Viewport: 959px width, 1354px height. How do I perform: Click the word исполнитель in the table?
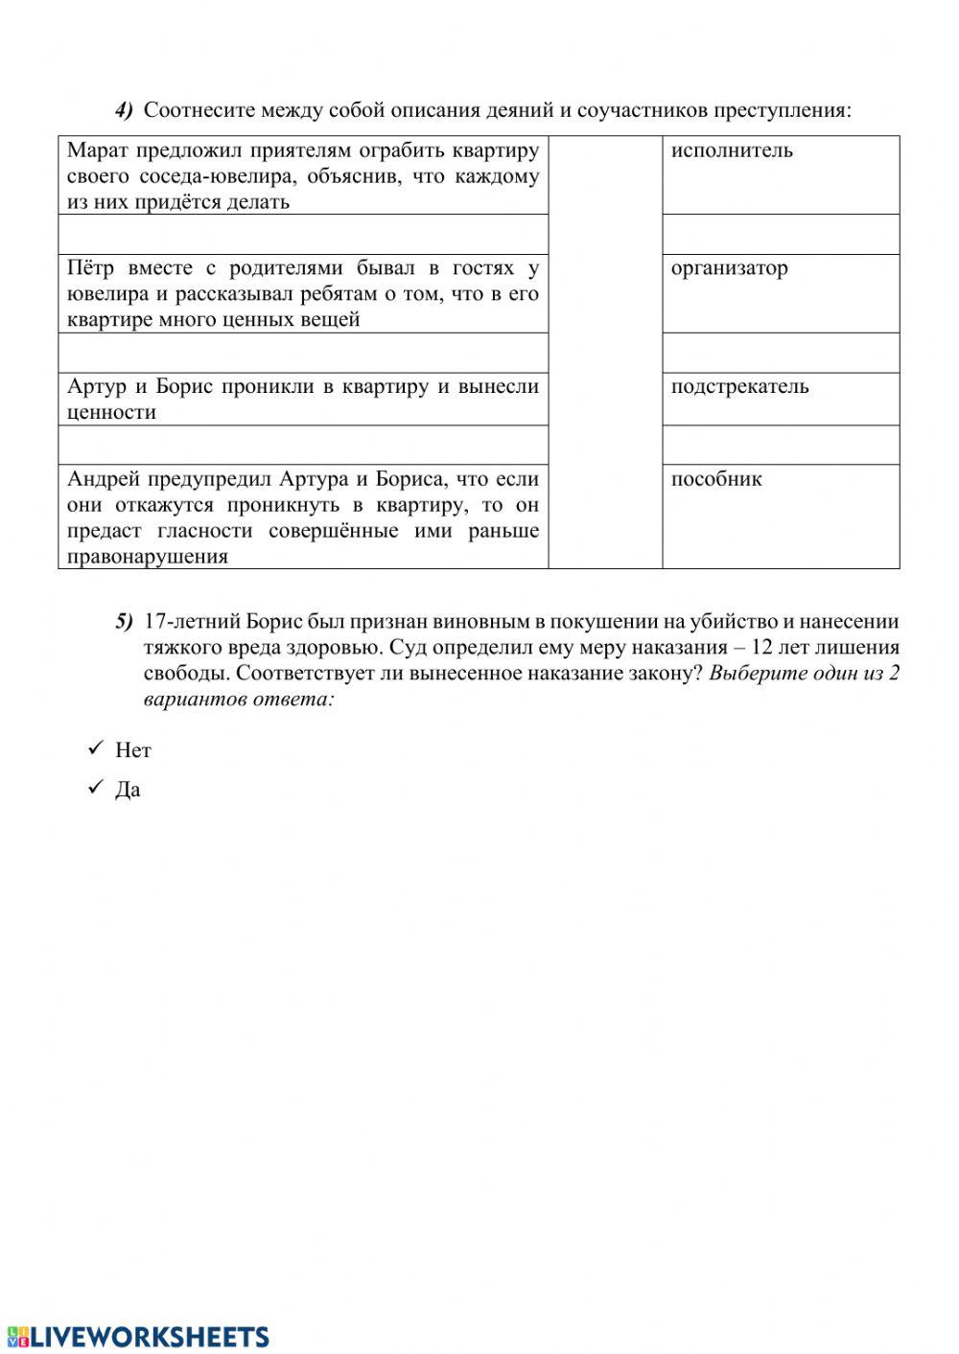pos(732,150)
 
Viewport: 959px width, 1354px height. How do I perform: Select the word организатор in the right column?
pos(729,268)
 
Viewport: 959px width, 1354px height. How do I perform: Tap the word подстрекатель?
pos(739,387)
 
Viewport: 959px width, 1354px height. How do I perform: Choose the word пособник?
pos(716,479)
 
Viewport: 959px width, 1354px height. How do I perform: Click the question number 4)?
pos(125,110)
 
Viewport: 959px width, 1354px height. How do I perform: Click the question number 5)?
pos(125,622)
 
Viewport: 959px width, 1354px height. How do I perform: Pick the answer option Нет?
pos(133,750)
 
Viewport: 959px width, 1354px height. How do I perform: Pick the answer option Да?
pos(129,791)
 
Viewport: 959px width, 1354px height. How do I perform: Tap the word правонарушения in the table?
pos(148,557)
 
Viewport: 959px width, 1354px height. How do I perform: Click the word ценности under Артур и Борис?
pos(111,413)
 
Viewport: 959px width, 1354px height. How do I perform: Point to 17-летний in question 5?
pos(186,622)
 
